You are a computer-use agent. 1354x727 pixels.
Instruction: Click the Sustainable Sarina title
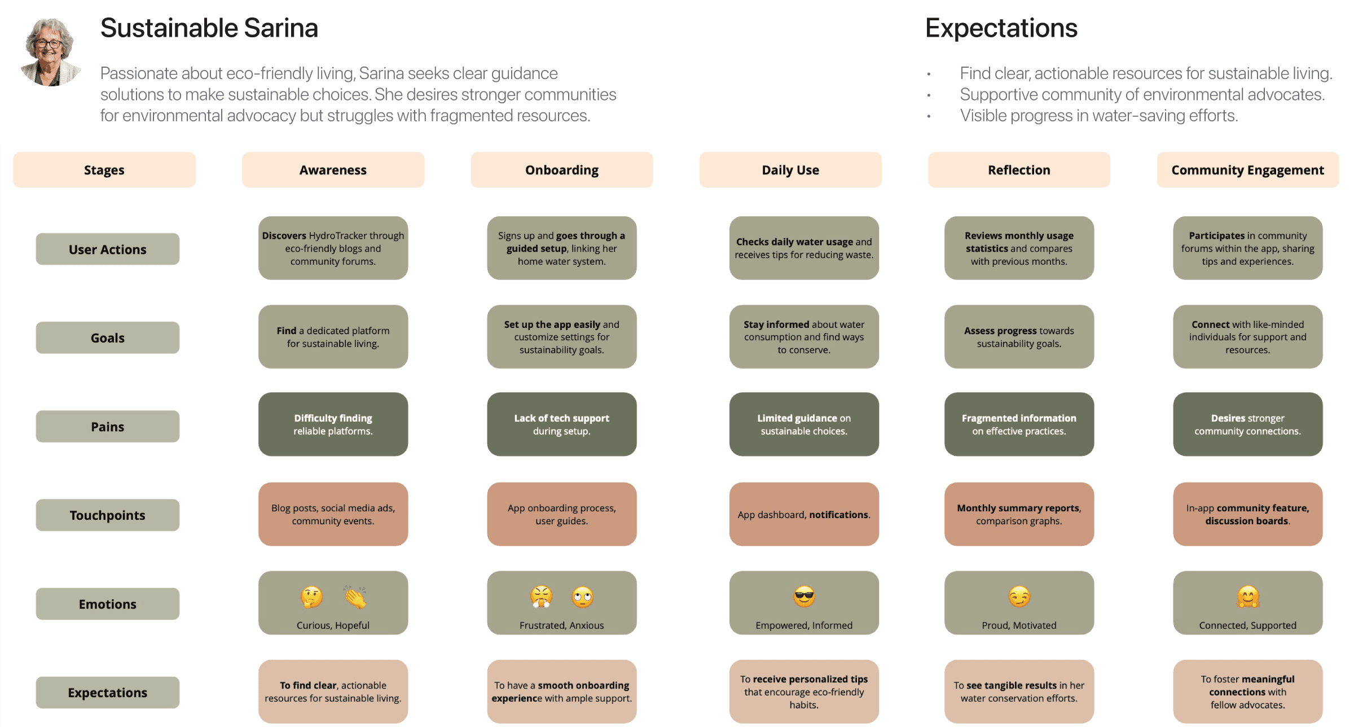pos(209,28)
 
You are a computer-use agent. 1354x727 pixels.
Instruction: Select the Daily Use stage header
pos(790,170)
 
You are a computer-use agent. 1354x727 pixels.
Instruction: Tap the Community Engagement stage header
pos(1247,170)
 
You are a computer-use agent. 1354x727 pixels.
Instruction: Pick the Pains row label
pos(108,427)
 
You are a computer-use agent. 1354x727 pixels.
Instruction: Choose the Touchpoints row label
pos(108,515)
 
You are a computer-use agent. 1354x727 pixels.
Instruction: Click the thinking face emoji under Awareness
pos(311,597)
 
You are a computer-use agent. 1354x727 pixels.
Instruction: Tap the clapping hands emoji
pos(355,597)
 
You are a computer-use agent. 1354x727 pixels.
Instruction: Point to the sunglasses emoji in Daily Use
pos(804,597)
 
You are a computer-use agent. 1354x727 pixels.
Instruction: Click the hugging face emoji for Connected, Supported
pos(1248,597)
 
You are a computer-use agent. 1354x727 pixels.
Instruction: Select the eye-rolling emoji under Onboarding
pos(583,597)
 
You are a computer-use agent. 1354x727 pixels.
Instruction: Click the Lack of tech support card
pos(562,424)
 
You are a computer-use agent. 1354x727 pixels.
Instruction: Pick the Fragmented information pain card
pos(1019,424)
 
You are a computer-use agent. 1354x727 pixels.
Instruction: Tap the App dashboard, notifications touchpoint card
pos(804,514)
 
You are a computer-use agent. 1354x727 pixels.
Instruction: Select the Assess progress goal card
pos(1019,337)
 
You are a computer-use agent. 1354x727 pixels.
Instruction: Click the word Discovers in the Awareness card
pos(284,236)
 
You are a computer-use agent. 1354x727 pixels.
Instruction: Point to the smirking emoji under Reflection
pos(1019,597)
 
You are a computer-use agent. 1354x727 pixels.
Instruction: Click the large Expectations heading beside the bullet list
pos(1001,28)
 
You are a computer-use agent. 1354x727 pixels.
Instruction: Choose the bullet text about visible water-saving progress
pos(1099,116)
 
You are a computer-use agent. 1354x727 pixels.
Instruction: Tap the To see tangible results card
pos(1019,692)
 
